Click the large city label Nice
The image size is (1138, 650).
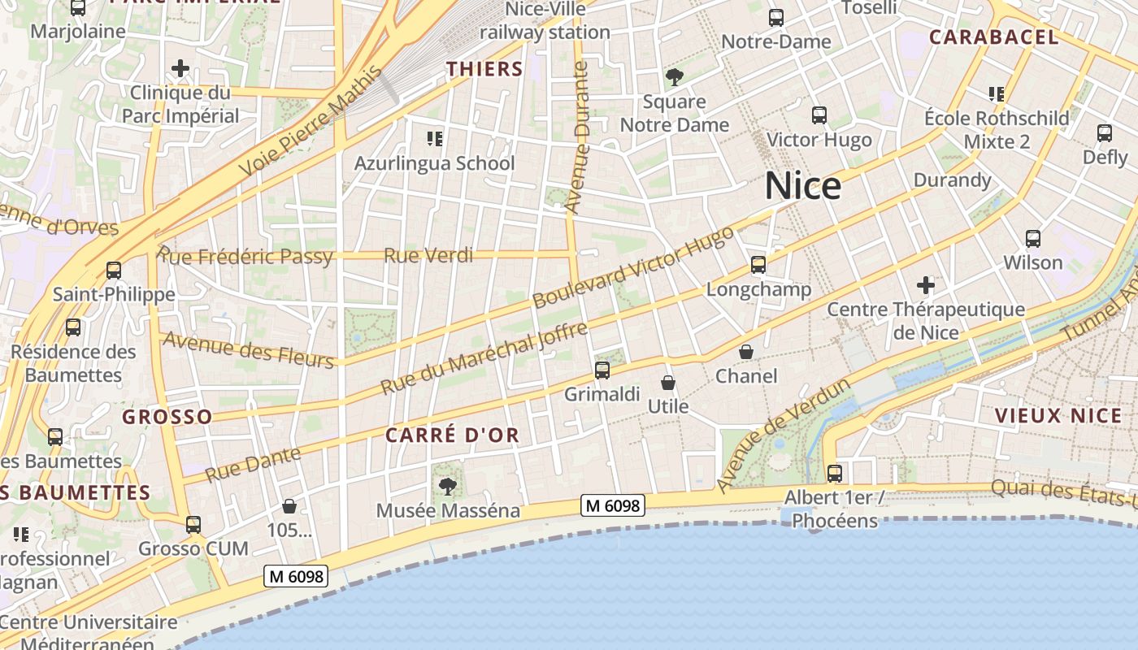click(802, 186)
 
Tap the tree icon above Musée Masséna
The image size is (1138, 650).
click(447, 487)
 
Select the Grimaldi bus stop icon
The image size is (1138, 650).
click(602, 370)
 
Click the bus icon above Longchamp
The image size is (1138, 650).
click(758, 264)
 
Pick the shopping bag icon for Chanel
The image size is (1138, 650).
click(746, 352)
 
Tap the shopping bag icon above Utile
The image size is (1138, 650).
click(668, 383)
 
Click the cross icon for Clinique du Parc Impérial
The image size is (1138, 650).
click(180, 68)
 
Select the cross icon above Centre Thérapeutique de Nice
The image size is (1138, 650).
click(925, 285)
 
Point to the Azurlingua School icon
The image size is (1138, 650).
click(435, 139)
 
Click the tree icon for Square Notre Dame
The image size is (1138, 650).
click(674, 77)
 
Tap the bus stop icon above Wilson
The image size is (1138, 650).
click(1033, 239)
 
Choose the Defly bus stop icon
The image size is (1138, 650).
click(1105, 133)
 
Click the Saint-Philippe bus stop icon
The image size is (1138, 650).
click(114, 271)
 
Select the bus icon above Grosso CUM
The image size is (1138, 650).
click(193, 525)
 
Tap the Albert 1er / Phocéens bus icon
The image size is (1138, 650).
click(835, 474)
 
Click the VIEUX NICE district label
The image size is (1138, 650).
click(1058, 416)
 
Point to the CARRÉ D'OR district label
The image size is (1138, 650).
click(452, 435)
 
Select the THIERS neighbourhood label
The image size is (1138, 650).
click(484, 69)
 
